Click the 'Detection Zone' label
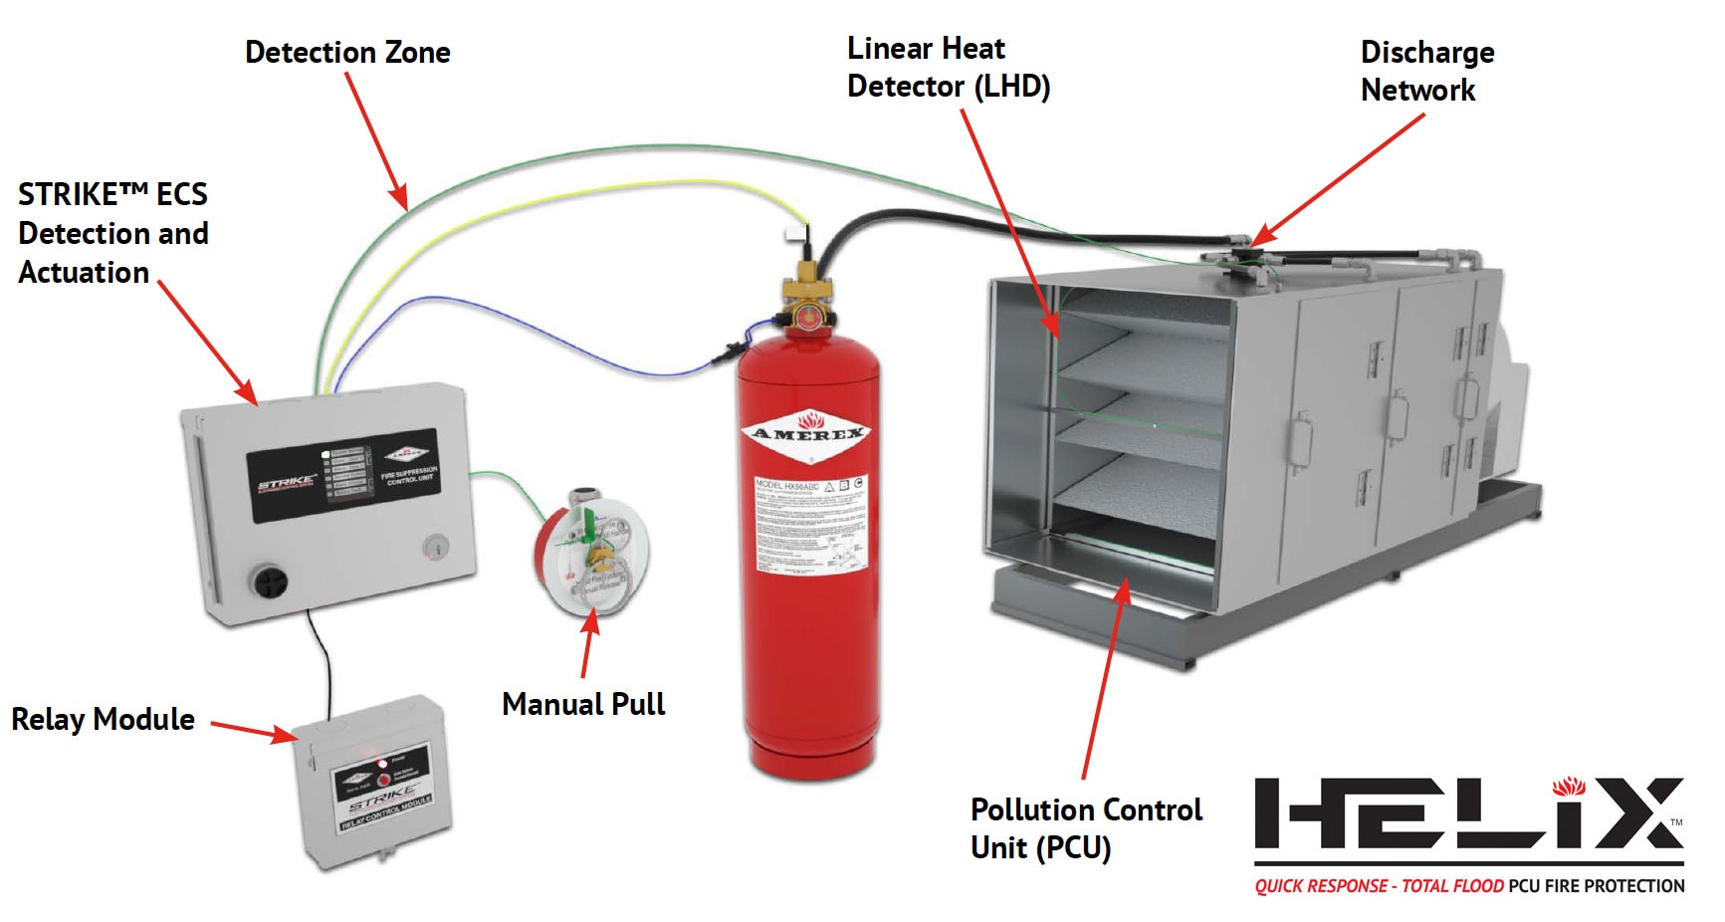(x=347, y=52)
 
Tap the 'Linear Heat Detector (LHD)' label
(x=948, y=68)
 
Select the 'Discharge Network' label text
(x=1426, y=71)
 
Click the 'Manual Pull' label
(x=583, y=704)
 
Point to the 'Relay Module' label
(x=103, y=719)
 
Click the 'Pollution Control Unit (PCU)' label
(x=1086, y=827)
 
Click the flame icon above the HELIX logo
(x=1569, y=786)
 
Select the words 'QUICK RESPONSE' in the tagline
(x=1321, y=886)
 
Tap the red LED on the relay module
(x=383, y=763)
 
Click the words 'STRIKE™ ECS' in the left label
(x=112, y=194)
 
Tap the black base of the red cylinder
(x=808, y=767)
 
